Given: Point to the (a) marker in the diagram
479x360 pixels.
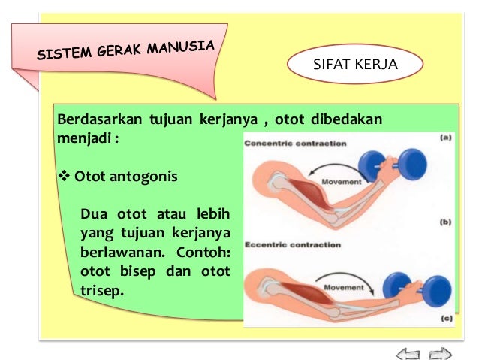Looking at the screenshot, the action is coord(445,138).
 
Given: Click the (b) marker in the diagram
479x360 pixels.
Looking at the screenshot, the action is coord(445,223).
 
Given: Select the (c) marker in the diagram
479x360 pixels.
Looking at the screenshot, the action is coord(445,317).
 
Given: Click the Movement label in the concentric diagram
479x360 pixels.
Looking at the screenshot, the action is coord(342,181).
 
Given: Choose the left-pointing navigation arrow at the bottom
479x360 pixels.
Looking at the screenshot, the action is coord(408,351).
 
